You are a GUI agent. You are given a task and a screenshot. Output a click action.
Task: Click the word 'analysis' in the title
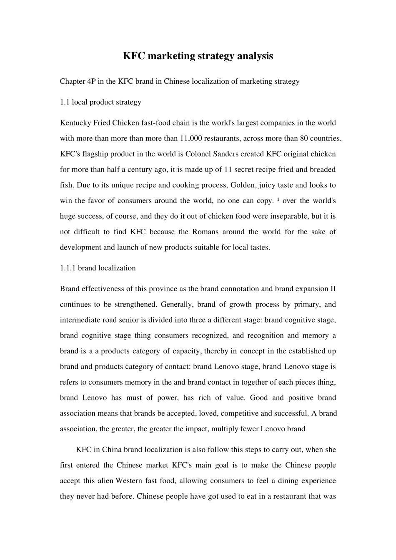pos(255,56)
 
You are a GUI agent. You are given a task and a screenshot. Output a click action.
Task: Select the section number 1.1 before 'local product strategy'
pos(65,102)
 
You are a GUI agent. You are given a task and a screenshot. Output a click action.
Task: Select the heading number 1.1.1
pos(68,268)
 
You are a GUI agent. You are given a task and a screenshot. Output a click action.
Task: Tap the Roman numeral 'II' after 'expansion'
pos(333,289)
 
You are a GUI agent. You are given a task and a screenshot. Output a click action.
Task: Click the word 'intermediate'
pos(79,320)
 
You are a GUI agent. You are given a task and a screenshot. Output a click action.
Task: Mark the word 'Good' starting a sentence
pos(258,398)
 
